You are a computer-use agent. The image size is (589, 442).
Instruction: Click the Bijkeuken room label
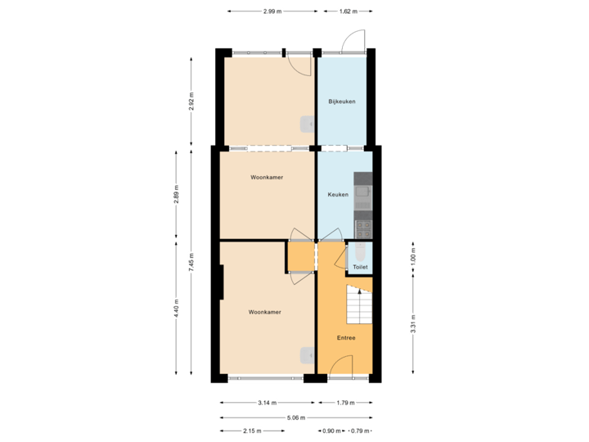point(341,101)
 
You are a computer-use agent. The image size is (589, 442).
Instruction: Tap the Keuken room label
point(338,195)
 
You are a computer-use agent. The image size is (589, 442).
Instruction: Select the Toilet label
point(360,267)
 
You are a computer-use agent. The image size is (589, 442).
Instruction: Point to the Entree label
point(346,337)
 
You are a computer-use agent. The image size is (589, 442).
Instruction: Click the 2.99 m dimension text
point(272,11)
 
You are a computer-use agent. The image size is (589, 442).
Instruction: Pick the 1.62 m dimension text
point(348,11)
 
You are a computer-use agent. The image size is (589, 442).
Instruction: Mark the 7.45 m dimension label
point(191,261)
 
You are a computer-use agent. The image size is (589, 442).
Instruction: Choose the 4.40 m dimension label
point(176,309)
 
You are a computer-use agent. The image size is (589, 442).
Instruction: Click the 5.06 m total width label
point(295,417)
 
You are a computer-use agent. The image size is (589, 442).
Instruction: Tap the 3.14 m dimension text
point(267,403)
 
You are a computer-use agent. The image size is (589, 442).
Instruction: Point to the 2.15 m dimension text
point(252,431)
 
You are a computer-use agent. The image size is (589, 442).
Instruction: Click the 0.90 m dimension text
point(330,431)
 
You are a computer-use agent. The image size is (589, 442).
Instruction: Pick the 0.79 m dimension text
point(358,431)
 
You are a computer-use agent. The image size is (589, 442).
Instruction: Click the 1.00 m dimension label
point(413,257)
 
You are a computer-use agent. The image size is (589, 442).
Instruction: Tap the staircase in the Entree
point(359,304)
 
